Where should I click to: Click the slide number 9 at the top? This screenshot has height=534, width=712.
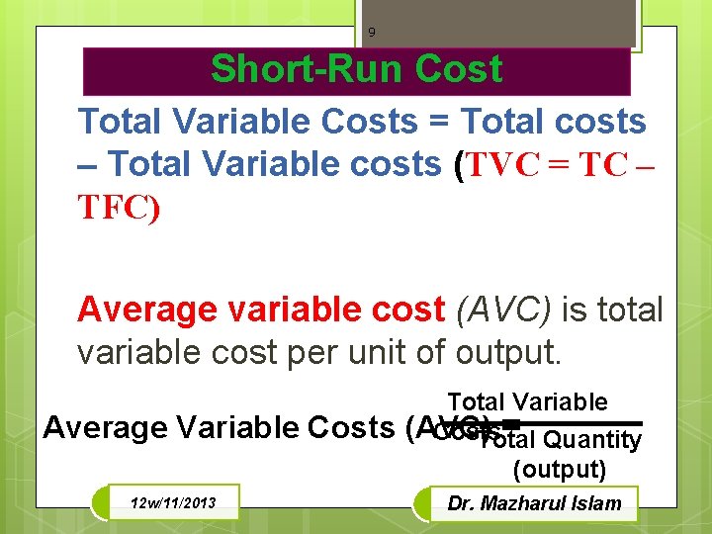tap(372, 33)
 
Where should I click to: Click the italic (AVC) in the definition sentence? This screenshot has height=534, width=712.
tap(504, 310)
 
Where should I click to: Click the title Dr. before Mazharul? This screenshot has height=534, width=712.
tap(462, 503)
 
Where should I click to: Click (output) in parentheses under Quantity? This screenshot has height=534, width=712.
tap(560, 469)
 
